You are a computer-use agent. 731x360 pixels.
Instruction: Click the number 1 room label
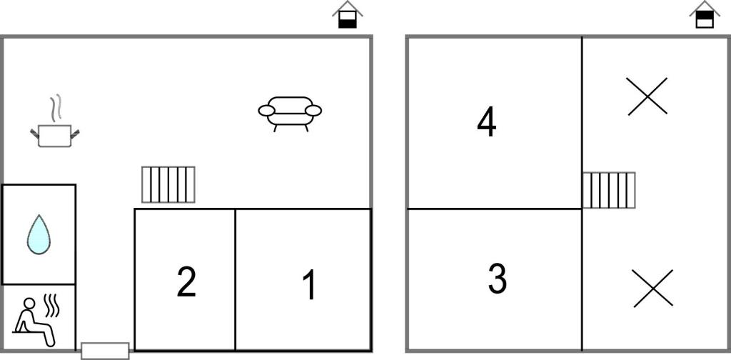tap(310, 285)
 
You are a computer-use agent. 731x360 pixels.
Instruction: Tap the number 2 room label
tap(186, 281)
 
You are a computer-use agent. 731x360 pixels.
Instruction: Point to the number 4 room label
tap(487, 123)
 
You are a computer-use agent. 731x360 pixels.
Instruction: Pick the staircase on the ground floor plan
tap(168, 185)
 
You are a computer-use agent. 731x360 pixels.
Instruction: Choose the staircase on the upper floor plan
tap(609, 190)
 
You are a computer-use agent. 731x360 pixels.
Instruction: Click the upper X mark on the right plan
tap(647, 96)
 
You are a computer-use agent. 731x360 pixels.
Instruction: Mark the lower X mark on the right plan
tap(653, 288)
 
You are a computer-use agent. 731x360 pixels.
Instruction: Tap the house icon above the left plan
tap(348, 15)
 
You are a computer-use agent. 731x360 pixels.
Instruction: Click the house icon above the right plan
tap(705, 14)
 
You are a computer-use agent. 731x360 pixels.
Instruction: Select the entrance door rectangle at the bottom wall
tap(106, 351)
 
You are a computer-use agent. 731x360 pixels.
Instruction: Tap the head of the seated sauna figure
tap(29, 304)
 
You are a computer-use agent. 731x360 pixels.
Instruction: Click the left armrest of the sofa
tap(267, 111)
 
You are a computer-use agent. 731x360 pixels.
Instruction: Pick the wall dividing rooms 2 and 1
tap(236, 279)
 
